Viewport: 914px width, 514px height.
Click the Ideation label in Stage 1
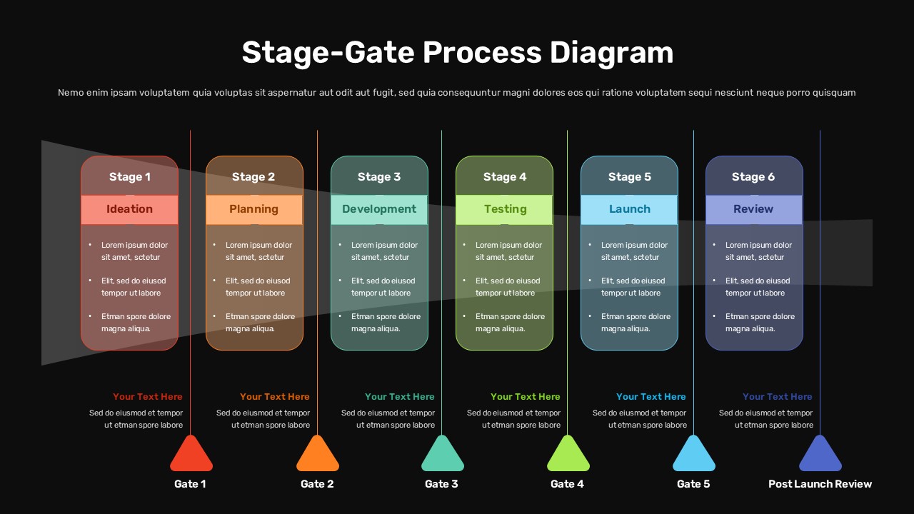click(x=129, y=209)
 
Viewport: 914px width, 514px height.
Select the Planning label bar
click(x=253, y=209)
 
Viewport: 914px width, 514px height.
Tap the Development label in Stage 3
click(x=378, y=209)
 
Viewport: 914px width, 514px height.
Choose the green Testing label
click(x=505, y=209)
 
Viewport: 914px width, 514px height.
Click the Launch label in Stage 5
click(x=629, y=209)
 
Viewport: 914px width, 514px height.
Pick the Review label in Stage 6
click(x=753, y=209)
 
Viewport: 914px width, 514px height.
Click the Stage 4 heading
click(x=505, y=177)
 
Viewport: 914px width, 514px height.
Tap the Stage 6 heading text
click(x=753, y=177)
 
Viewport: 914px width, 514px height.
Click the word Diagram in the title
click(x=611, y=53)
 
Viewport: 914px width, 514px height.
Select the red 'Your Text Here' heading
click(x=148, y=397)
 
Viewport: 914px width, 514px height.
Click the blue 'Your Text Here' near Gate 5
click(x=651, y=397)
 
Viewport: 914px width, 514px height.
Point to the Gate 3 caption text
click(x=441, y=484)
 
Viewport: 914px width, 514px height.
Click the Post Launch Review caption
click(x=820, y=484)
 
